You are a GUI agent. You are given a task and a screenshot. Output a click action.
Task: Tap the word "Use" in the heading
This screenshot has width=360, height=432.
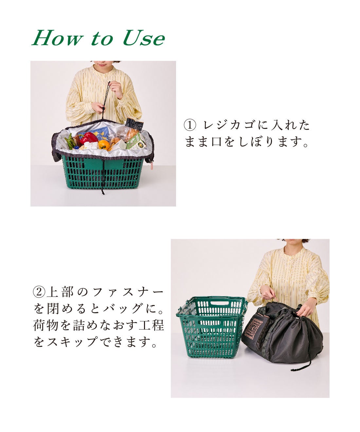point(144,38)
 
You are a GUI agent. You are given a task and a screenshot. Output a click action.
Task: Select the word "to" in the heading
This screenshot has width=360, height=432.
point(101,39)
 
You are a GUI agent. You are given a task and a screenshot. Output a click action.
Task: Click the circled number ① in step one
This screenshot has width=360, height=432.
point(190,125)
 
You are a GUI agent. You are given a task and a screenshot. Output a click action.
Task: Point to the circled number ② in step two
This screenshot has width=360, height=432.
point(39,291)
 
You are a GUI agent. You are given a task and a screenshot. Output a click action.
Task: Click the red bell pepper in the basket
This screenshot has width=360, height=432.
point(88,138)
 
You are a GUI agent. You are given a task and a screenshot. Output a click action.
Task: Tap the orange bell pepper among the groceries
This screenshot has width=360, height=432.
point(104,145)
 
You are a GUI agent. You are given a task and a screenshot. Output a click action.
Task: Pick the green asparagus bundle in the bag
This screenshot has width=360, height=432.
point(70,141)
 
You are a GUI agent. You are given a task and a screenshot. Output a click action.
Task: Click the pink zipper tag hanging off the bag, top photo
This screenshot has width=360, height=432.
point(152,167)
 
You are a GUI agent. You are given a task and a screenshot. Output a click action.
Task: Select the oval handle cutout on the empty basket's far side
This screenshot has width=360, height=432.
point(219,303)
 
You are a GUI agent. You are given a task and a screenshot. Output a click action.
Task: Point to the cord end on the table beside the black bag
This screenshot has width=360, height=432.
point(292,369)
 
